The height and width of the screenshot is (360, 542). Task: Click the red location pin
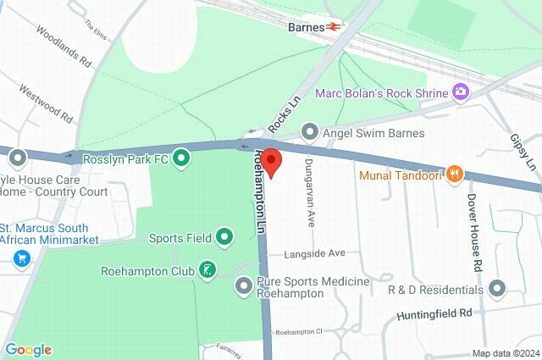pyautogui.click(x=271, y=161)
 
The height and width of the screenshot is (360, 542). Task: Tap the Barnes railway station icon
pyautogui.click(x=335, y=26)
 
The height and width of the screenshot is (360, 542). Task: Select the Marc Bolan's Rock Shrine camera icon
pyautogui.click(x=461, y=91)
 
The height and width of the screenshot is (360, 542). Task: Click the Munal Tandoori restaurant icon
pyautogui.click(x=455, y=175)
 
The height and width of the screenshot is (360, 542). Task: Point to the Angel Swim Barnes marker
pyautogui.click(x=311, y=133)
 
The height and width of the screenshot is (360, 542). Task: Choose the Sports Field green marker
pyautogui.click(x=224, y=238)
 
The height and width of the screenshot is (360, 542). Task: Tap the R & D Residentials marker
pyautogui.click(x=496, y=289)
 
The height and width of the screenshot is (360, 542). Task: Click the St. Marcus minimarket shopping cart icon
pyautogui.click(x=21, y=258)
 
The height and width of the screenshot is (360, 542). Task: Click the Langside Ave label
pyautogui.click(x=314, y=253)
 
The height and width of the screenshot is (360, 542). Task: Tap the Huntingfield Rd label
pyautogui.click(x=434, y=314)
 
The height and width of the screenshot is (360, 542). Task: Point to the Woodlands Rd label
pyautogui.click(x=64, y=46)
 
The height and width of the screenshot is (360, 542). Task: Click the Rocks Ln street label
pyautogui.click(x=285, y=114)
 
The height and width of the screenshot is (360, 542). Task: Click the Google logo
pyautogui.click(x=28, y=350)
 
